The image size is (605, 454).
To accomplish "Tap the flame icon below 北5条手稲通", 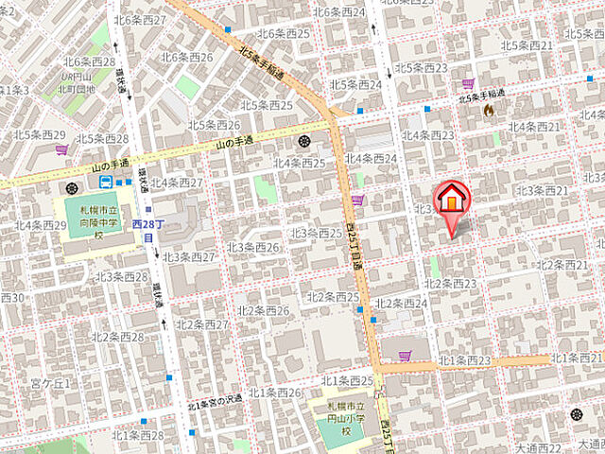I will point(489,111).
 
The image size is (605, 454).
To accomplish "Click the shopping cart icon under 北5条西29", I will point(61,149).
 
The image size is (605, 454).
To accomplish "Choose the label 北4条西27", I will point(177,183).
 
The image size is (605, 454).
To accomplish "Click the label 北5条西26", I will point(214,125).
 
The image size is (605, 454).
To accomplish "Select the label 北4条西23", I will point(427,135).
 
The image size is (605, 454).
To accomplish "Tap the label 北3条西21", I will point(542,191).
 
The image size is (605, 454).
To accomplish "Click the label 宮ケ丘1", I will point(51,383).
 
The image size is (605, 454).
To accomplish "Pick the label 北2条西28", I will point(119,337).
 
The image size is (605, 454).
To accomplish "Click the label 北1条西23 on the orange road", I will point(465,360).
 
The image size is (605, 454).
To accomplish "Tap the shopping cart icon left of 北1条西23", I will point(405,356).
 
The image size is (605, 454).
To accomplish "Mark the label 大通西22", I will point(538,446).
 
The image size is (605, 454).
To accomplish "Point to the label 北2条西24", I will point(401,304).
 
